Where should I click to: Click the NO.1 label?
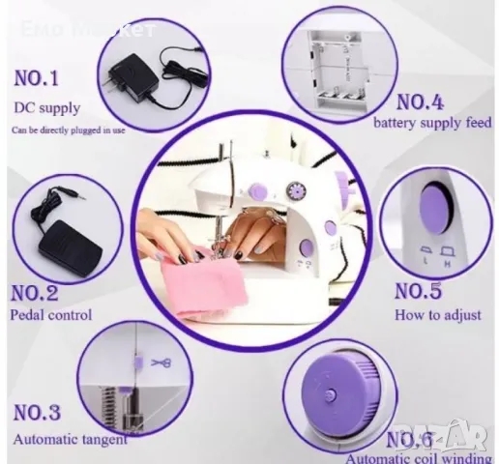(37, 77)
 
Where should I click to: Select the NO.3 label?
(37, 414)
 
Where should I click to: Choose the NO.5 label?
(422, 290)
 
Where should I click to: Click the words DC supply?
(47, 107)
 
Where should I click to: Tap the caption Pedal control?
(51, 314)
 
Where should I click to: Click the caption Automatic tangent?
(70, 440)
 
